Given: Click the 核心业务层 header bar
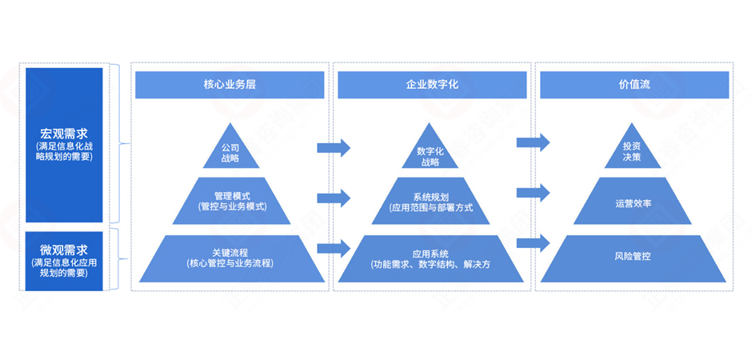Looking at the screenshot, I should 230,85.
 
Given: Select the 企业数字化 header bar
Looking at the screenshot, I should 431,85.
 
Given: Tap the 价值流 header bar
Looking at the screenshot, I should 634,85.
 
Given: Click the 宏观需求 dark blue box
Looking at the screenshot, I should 64,144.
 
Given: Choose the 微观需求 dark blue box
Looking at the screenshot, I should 64,257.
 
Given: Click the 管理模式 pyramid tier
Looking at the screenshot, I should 230,200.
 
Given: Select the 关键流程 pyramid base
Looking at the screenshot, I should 230,258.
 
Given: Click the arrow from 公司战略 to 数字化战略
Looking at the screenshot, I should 334,147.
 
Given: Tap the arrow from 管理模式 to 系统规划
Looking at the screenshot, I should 334,198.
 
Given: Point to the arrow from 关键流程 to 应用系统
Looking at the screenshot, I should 334,247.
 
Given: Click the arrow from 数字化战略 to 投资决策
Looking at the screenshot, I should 533,142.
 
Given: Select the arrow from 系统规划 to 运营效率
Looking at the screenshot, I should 533,192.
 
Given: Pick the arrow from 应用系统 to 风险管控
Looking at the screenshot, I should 533,242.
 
